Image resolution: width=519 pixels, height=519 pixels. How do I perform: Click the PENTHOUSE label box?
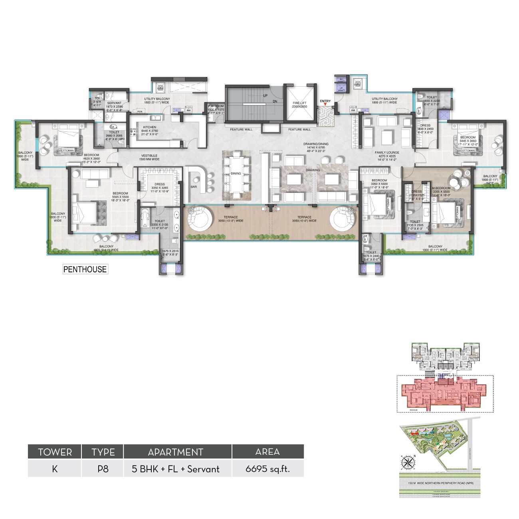click(85, 269)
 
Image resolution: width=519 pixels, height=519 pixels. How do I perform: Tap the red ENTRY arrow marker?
click(325, 105)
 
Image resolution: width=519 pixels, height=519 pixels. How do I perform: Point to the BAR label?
click(194, 186)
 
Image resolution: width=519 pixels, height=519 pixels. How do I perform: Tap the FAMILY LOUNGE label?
click(387, 153)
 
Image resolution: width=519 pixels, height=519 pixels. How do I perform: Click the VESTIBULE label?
click(149, 155)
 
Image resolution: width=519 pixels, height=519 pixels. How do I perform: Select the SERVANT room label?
click(114, 103)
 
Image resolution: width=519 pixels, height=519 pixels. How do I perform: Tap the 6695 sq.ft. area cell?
click(267, 469)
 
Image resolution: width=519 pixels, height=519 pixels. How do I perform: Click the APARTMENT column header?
click(176, 452)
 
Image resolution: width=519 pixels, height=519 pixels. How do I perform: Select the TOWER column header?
click(55, 452)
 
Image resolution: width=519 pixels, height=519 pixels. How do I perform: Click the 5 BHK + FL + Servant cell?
click(176, 469)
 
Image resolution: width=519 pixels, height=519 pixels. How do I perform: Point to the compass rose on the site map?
click(408, 463)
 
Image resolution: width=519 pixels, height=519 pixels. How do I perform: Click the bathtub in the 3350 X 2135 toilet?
click(145, 218)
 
